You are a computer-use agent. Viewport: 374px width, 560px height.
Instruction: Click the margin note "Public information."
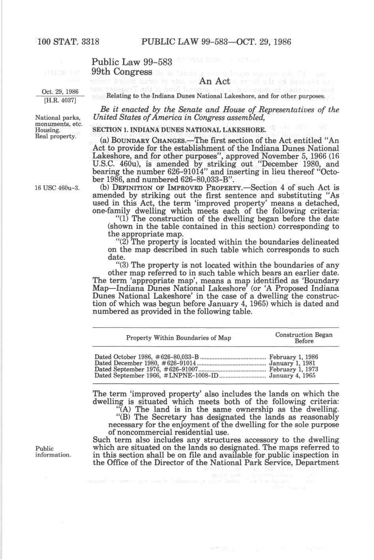point(53,451)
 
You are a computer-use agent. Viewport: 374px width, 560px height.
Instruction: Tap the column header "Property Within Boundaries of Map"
point(178,338)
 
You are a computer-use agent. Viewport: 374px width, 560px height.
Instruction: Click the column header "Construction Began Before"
point(304,338)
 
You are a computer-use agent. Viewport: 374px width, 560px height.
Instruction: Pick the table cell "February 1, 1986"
point(293,357)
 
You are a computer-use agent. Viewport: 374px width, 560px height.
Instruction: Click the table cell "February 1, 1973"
point(293,369)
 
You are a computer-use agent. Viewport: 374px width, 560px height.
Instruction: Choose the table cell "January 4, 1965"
point(292,375)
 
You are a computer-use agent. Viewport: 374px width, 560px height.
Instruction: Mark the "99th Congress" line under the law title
point(122,72)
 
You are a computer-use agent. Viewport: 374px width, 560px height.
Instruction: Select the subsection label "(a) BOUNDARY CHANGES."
point(134,140)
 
